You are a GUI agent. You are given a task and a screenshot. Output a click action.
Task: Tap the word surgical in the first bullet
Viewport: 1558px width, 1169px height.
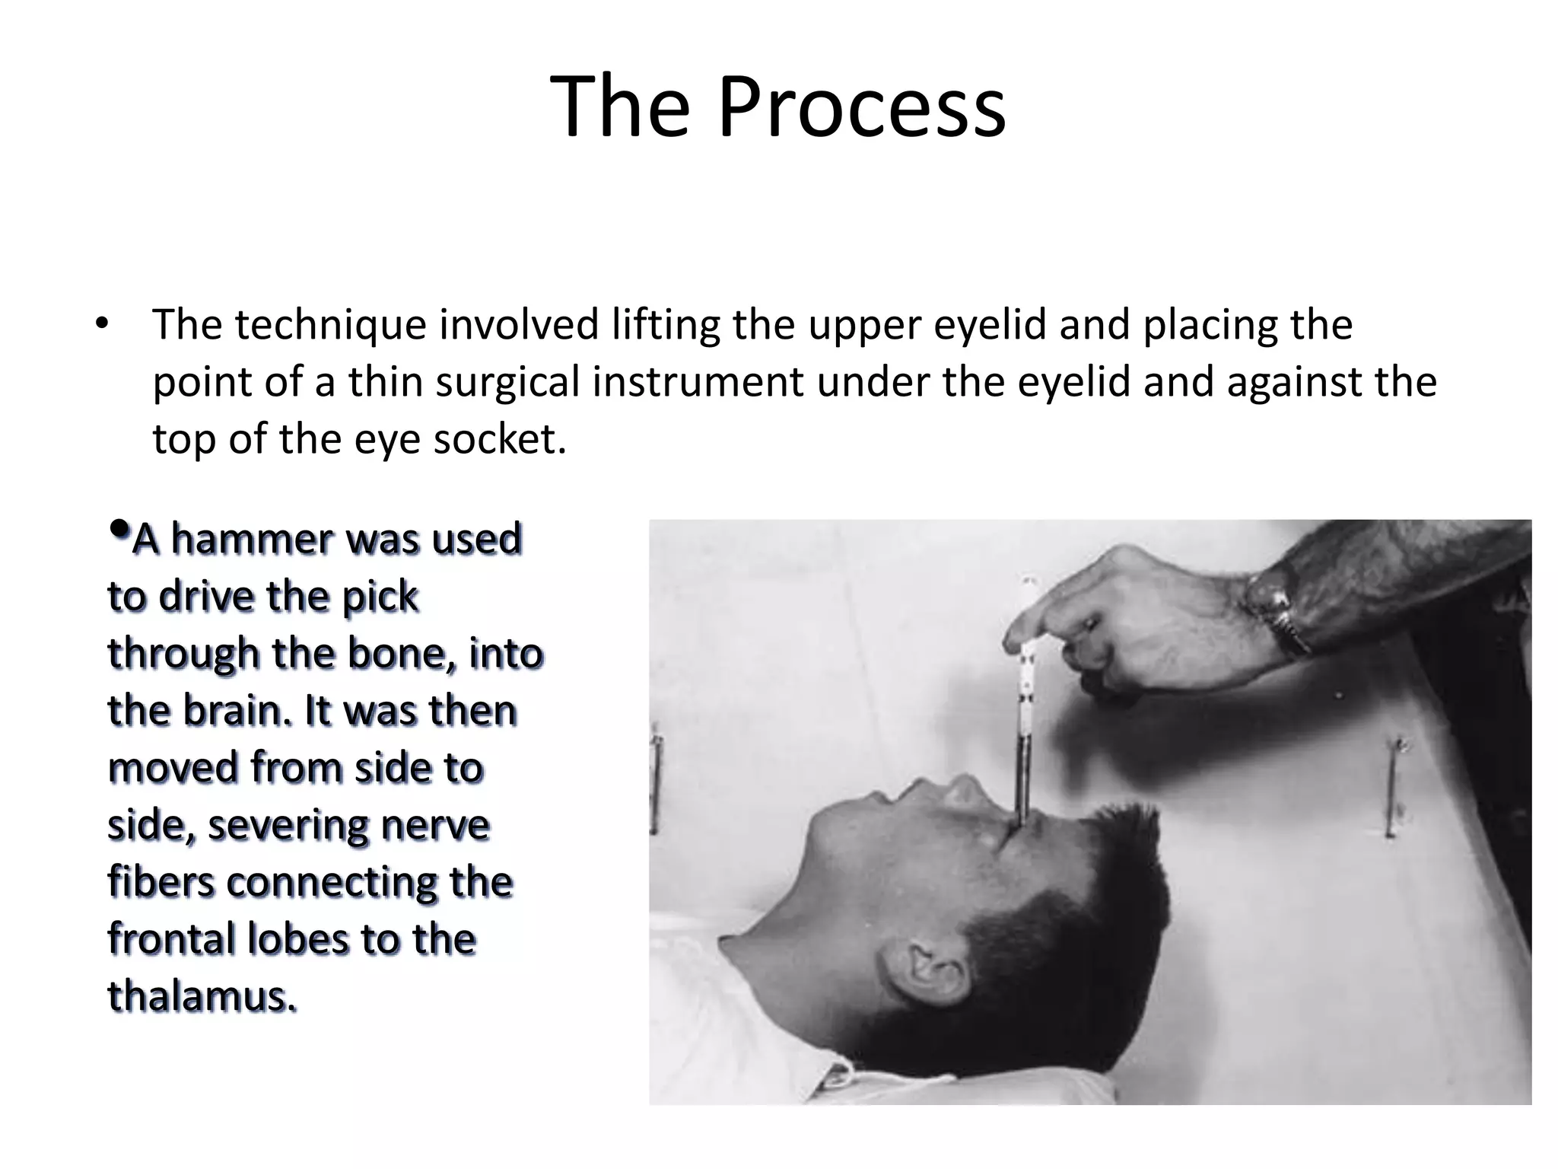507,383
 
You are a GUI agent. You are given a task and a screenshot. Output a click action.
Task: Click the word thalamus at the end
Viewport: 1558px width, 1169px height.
202,996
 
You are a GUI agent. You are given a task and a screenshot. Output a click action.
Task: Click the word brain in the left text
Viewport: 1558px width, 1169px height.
237,711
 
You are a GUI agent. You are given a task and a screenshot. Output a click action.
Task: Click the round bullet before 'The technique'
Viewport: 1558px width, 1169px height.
102,326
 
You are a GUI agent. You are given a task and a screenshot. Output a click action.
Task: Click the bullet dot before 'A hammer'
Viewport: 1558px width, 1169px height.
119,527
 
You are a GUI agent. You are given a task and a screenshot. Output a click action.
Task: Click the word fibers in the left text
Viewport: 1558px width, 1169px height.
161,882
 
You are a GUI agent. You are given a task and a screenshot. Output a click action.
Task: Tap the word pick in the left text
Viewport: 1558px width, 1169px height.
380,597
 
